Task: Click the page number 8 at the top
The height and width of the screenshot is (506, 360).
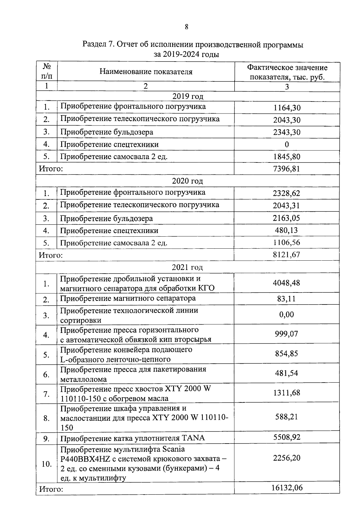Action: tap(187, 27)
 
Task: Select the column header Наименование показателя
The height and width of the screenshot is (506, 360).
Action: tap(146, 71)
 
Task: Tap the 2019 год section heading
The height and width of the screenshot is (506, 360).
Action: tap(188, 96)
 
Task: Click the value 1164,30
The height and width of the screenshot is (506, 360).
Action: tap(287, 108)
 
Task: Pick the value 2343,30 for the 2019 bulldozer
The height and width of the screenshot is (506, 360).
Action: tap(287, 132)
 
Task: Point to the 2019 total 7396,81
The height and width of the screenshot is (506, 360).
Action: tap(287, 169)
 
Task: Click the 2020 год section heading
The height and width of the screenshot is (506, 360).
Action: tap(187, 181)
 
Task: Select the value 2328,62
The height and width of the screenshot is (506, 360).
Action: tap(286, 193)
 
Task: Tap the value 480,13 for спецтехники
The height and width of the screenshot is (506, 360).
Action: tap(286, 230)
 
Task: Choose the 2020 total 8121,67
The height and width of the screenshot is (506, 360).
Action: tap(286, 255)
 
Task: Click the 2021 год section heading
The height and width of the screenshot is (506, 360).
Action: tap(187, 267)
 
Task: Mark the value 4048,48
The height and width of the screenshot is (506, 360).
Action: tap(286, 283)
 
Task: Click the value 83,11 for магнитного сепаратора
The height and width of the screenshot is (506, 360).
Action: tap(286, 299)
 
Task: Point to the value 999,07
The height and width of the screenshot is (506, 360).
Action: tap(286, 334)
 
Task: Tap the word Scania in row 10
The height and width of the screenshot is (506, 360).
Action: tap(173, 449)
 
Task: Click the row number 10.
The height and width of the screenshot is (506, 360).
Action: tap(46, 464)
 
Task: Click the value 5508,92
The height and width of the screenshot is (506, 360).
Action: tap(287, 437)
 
